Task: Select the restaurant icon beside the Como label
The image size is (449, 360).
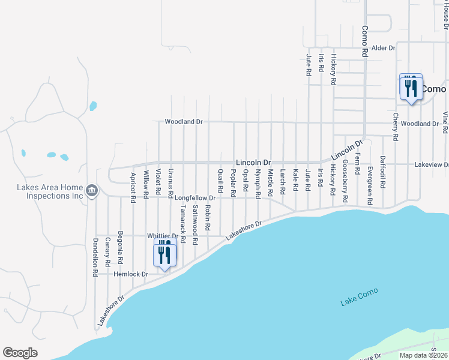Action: (411, 88)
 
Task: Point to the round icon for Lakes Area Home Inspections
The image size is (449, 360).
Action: (91, 191)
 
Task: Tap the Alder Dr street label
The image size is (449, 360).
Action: (384, 48)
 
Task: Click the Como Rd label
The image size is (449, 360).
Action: (364, 40)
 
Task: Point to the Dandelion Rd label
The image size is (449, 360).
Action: (95, 257)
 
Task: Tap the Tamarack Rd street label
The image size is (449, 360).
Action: (182, 223)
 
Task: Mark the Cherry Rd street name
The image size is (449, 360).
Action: (396, 127)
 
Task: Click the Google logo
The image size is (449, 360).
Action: (20, 353)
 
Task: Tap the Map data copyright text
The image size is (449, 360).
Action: (423, 355)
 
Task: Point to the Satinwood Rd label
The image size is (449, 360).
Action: (195, 224)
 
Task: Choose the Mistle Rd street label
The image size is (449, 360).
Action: (270, 182)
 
